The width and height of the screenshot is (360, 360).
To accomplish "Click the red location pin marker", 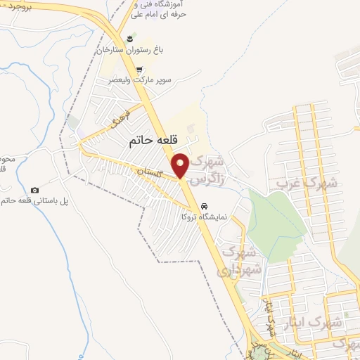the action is click(x=181, y=165).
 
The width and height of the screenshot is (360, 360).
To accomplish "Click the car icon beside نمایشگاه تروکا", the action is click(x=204, y=207).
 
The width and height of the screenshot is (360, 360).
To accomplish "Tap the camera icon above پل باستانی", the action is click(x=35, y=190).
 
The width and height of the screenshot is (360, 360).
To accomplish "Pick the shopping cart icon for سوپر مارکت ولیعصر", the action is click(x=139, y=69).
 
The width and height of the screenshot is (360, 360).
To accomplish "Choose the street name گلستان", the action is click(x=149, y=171).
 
